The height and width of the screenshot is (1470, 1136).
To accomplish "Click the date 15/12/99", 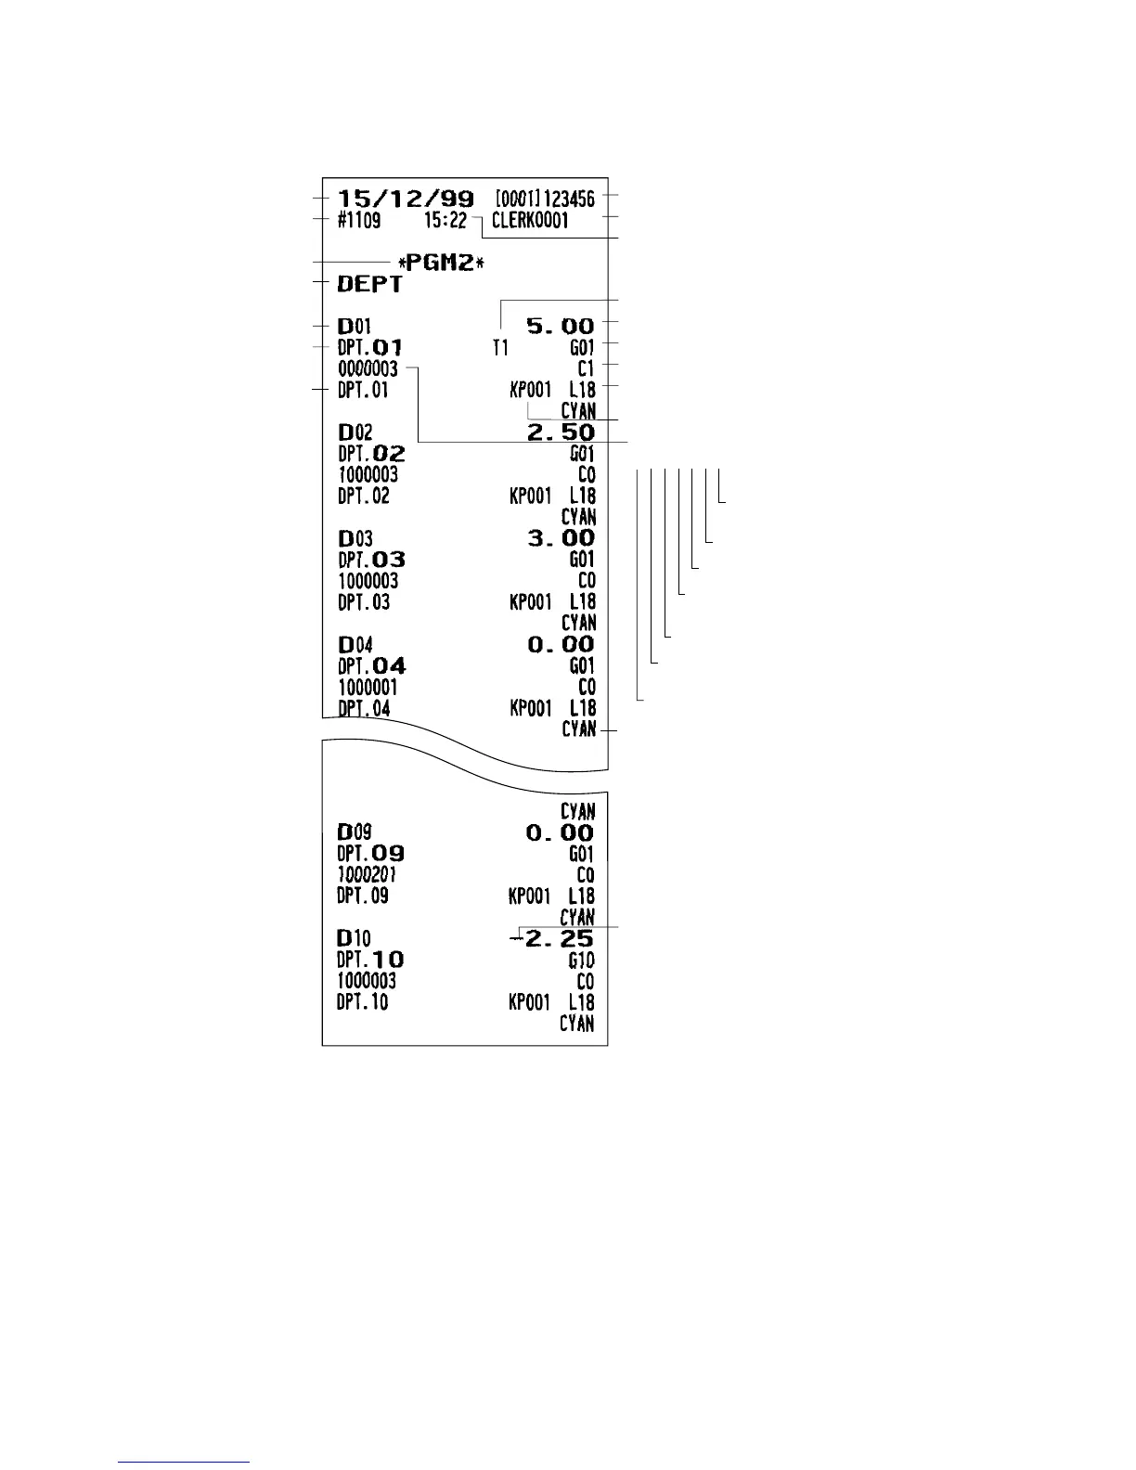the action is (405, 198).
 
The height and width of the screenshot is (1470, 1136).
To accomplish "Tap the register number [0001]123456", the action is (545, 198).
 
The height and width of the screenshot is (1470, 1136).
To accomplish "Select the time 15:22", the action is (445, 221).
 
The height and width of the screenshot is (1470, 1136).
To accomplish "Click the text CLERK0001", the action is (530, 222).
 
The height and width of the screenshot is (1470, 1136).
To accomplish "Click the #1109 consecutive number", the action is (358, 222).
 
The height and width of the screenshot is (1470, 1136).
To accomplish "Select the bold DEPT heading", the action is (369, 285).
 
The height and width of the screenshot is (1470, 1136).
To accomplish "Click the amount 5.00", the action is (560, 326).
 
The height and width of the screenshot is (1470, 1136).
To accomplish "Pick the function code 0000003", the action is (368, 369).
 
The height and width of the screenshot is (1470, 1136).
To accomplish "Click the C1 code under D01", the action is (585, 369).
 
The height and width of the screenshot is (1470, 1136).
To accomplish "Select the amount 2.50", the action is (560, 432).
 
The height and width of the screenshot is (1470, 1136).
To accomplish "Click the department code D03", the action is (355, 538).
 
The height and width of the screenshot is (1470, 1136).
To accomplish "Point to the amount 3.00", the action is (560, 538).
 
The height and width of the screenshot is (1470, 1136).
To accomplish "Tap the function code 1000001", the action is (368, 688).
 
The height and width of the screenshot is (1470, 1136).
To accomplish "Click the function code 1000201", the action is (368, 875).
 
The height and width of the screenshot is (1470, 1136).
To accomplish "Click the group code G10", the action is (582, 961).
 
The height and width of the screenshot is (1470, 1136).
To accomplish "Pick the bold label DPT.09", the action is (370, 854).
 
